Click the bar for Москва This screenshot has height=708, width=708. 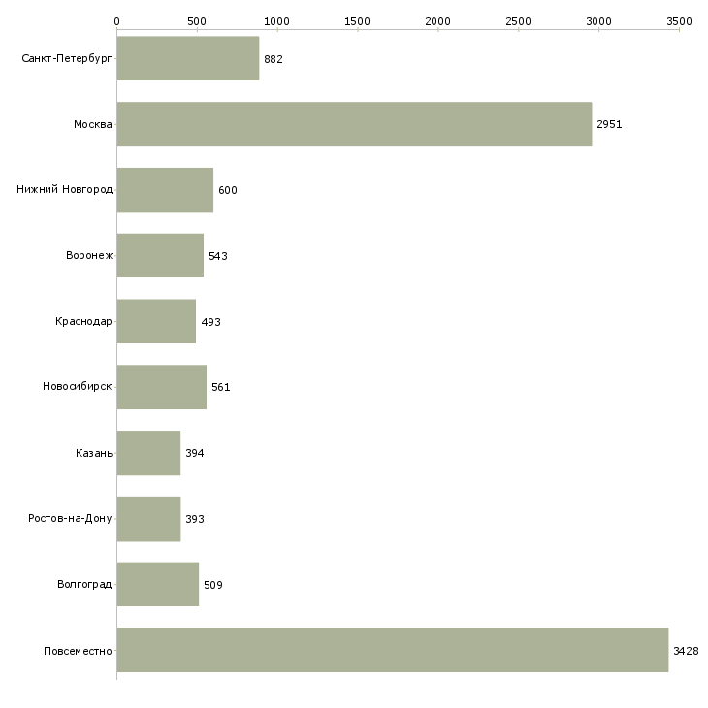[x=354, y=124]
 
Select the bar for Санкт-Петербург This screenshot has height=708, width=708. [x=188, y=58]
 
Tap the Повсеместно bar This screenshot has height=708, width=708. [x=393, y=650]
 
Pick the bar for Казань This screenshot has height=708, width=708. [x=148, y=453]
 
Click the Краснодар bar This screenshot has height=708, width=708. [x=156, y=321]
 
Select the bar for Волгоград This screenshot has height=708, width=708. [x=157, y=584]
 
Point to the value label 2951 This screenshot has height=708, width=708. [x=609, y=124]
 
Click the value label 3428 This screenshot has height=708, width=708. [x=686, y=651]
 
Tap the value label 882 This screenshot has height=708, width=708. [x=274, y=59]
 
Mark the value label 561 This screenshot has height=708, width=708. [x=221, y=387]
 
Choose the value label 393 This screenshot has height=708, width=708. [x=195, y=519]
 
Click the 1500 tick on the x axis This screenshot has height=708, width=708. [x=357, y=21]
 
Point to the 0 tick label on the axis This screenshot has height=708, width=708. [x=117, y=21]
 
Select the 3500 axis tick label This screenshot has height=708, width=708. [x=679, y=21]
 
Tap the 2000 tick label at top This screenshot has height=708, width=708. [x=437, y=21]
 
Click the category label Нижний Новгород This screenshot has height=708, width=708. [x=65, y=189]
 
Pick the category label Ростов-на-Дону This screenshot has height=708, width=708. [x=70, y=518]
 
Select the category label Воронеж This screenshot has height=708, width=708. [x=89, y=255]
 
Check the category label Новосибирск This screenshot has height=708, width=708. [x=78, y=386]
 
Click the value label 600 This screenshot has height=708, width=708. [x=228, y=190]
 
